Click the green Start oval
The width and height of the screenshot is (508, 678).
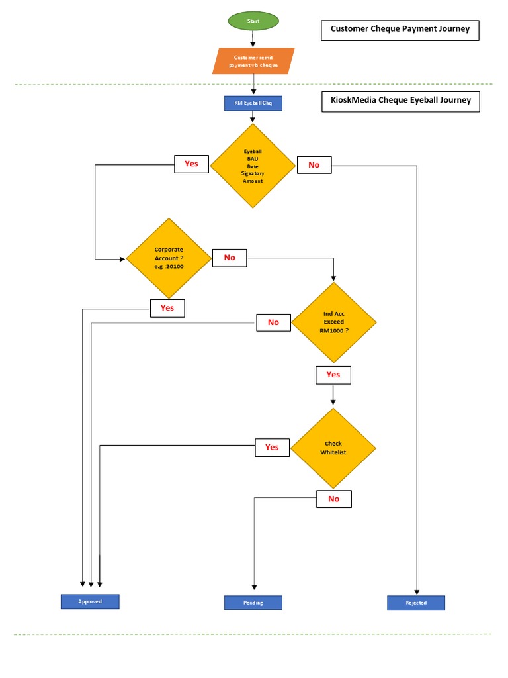253,21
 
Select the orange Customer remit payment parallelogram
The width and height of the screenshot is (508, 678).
253,61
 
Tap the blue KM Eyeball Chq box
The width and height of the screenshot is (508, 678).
253,103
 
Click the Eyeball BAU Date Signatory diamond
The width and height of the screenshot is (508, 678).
253,166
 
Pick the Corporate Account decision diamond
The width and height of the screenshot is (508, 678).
169,258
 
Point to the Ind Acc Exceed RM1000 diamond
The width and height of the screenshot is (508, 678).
333,322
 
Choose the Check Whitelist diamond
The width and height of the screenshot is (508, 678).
333,448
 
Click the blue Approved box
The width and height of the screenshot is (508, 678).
90,601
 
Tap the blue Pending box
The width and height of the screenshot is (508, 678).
253,603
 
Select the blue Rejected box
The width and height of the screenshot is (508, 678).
416,603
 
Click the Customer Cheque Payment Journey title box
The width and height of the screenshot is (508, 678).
400,30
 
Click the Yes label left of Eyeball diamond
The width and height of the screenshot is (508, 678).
191,164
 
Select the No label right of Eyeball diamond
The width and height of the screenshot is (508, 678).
314,165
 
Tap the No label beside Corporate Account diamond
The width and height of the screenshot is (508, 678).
230,258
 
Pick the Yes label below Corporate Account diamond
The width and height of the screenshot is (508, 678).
167,308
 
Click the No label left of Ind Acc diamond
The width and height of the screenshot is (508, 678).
273,322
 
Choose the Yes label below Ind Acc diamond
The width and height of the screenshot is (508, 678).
333,375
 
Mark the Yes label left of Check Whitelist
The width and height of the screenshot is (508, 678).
272,447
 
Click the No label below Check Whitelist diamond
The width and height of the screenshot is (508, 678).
334,499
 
